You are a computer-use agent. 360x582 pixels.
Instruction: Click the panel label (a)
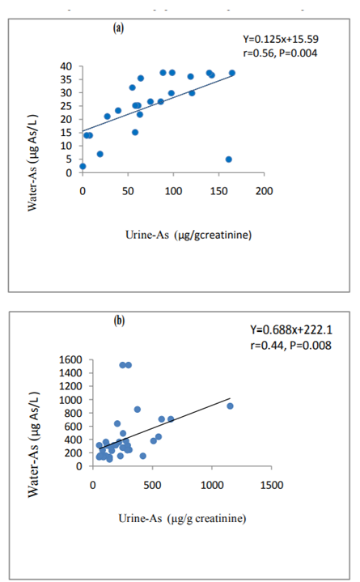coord(118,28)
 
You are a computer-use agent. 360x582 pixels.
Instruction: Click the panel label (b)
coord(119,321)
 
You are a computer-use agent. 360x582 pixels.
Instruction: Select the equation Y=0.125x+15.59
coord(281,40)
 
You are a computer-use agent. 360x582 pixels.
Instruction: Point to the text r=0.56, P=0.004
coord(280,53)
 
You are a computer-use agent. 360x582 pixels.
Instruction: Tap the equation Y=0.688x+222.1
coord(291,329)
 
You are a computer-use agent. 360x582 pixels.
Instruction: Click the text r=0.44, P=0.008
coord(290,346)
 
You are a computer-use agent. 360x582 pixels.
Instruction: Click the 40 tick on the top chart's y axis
coord(66,66)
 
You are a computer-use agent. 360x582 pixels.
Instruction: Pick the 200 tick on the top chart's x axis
coord(264,191)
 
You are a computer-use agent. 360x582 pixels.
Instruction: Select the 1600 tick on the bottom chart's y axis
coord(70,359)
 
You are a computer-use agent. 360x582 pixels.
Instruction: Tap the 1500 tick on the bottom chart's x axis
coord(272,485)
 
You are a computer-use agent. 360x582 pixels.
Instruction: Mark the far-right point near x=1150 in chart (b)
coord(230,406)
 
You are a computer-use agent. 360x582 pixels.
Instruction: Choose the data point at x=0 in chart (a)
coord(83,166)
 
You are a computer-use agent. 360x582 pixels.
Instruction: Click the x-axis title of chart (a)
coord(188,235)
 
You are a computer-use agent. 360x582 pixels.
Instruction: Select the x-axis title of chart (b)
coord(182,519)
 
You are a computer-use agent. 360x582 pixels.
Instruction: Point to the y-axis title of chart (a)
coord(32,163)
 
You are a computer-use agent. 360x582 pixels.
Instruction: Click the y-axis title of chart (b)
coord(33,444)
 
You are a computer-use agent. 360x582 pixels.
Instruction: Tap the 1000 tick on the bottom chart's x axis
coord(212,485)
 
